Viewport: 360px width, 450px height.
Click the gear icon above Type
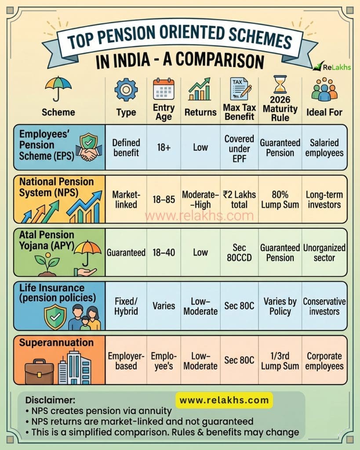(126, 89)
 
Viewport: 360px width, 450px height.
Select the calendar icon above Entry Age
(164, 90)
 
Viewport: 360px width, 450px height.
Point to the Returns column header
(200, 112)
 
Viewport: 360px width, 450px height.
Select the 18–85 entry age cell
(164, 200)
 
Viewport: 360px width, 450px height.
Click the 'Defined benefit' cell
(126, 148)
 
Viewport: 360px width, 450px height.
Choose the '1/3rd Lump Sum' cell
(280, 361)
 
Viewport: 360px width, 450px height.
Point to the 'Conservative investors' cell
(324, 306)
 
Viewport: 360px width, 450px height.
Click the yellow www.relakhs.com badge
(224, 400)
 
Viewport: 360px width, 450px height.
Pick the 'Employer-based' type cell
(126, 361)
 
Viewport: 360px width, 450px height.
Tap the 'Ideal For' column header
(324, 112)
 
